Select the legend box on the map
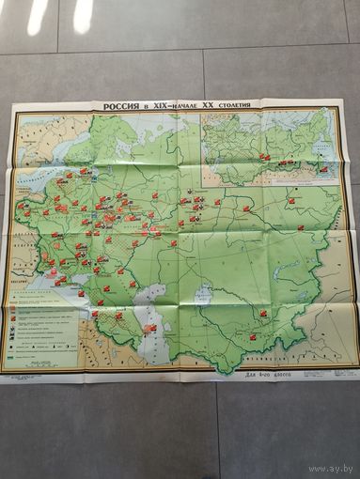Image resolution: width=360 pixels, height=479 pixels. tap(43, 329)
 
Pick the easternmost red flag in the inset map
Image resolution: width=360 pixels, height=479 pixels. tap(324, 169)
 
